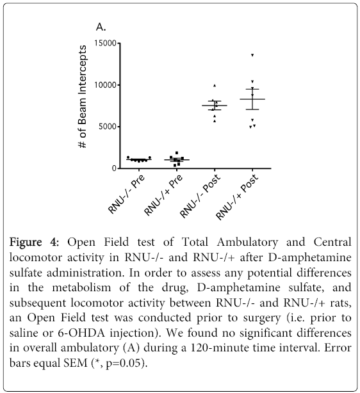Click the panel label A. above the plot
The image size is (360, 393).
[101, 27]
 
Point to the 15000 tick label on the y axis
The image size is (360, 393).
[105, 44]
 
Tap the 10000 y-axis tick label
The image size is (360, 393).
[105, 85]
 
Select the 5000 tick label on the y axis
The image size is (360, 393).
[108, 127]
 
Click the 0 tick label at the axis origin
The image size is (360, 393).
[115, 168]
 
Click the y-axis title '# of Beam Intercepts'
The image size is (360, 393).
[83, 97]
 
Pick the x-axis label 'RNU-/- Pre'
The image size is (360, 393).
[126, 193]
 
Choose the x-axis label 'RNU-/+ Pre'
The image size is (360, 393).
[163, 195]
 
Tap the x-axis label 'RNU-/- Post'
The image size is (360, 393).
[200, 195]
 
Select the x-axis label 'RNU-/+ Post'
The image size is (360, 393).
[237, 196]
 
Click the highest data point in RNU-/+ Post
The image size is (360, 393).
[252, 55]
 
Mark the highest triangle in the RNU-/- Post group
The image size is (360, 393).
[215, 86]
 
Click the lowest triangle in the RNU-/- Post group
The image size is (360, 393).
[215, 122]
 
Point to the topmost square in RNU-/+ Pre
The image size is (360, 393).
[177, 153]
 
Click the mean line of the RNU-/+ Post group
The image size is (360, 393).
[252, 99]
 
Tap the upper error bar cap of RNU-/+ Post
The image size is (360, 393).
[252, 89]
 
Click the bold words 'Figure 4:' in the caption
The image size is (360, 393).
[34, 242]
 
